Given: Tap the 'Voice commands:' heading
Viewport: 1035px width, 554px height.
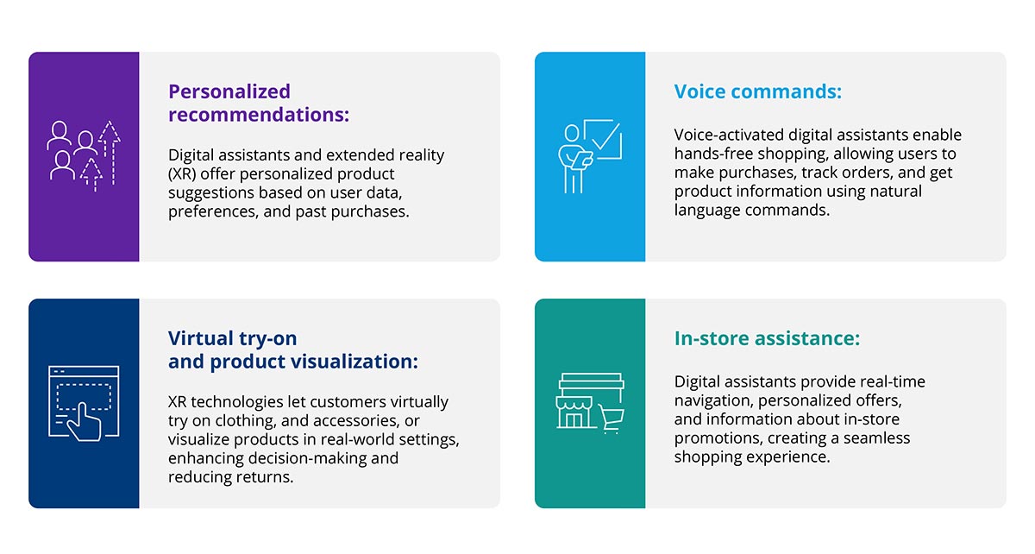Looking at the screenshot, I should [757, 91].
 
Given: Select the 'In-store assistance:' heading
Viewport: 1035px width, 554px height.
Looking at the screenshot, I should [767, 339].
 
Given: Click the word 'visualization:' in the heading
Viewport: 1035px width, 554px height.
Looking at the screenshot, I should [361, 362].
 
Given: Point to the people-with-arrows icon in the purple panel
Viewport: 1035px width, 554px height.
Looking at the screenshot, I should [84, 156].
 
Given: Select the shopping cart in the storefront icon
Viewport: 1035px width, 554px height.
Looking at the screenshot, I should [613, 418].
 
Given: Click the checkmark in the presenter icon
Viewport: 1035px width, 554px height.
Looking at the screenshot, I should [605, 136].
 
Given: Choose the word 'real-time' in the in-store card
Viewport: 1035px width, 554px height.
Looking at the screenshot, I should [889, 381].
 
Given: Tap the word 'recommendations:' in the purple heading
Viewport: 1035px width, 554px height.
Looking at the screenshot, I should [259, 115].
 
